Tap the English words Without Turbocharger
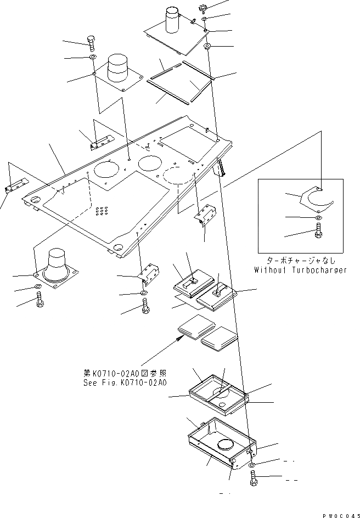tap(301, 270)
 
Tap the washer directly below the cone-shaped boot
tap(38, 286)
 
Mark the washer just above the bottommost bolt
tap(251, 465)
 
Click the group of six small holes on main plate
tap(101, 210)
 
